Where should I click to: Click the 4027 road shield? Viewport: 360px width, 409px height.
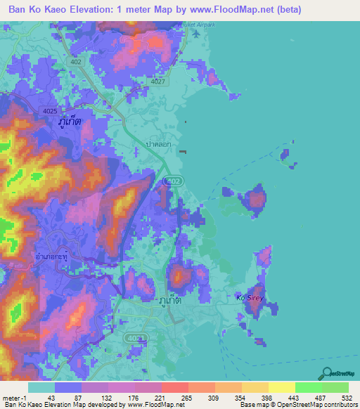[x=159, y=82]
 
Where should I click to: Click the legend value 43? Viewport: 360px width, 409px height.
[x=51, y=398]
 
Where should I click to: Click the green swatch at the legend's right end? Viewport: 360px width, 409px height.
[x=335, y=387]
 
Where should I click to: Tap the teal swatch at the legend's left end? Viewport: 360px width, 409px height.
[x=41, y=387]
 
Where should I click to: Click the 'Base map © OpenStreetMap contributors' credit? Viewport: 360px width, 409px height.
[x=297, y=405]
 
